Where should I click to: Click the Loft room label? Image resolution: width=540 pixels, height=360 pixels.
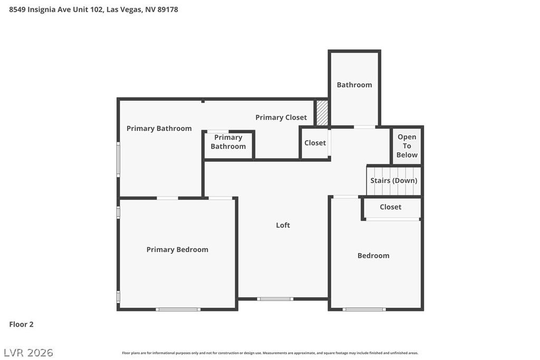tap(283, 225)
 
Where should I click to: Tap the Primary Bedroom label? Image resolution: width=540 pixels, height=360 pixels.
tap(177, 249)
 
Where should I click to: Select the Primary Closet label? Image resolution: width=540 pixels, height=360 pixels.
tap(281, 117)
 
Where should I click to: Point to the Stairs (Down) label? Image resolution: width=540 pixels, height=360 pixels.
tap(393, 180)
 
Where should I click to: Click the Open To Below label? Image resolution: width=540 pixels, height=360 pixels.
tap(407, 145)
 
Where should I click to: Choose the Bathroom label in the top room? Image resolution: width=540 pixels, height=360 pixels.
tap(354, 84)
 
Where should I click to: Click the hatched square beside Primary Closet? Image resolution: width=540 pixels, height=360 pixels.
tap(322, 113)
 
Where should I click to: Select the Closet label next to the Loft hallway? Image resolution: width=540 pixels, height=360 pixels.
tap(315, 143)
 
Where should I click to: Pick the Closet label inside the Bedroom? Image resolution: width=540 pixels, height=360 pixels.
tap(390, 207)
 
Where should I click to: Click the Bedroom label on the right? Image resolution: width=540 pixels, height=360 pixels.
tap(373, 256)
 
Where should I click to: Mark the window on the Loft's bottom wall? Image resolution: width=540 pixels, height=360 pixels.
tap(275, 299)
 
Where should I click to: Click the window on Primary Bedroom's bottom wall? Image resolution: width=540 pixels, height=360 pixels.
tap(178, 309)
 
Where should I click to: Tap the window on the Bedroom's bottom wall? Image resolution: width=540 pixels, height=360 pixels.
tap(364, 309)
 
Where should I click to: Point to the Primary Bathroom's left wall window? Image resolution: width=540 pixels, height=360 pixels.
tap(118, 159)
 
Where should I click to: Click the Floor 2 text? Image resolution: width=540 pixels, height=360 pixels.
tap(21, 324)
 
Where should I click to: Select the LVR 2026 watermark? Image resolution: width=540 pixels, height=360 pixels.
tap(28, 352)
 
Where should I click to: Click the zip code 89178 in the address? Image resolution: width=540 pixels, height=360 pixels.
tap(168, 9)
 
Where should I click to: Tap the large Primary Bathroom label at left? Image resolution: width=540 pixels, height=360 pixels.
tap(159, 128)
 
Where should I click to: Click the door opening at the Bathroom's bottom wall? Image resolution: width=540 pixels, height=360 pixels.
tap(364, 127)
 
